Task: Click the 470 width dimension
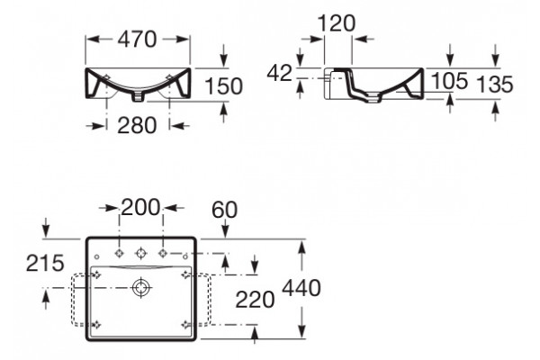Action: (137, 39)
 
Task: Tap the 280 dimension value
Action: (137, 125)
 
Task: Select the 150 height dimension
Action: (224, 86)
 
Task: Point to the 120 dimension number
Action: (336, 23)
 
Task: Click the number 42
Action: (280, 74)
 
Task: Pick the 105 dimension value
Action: (449, 81)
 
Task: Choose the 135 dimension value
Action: (494, 85)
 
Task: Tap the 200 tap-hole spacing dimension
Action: (141, 207)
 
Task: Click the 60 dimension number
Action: (224, 210)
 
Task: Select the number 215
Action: (45, 263)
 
